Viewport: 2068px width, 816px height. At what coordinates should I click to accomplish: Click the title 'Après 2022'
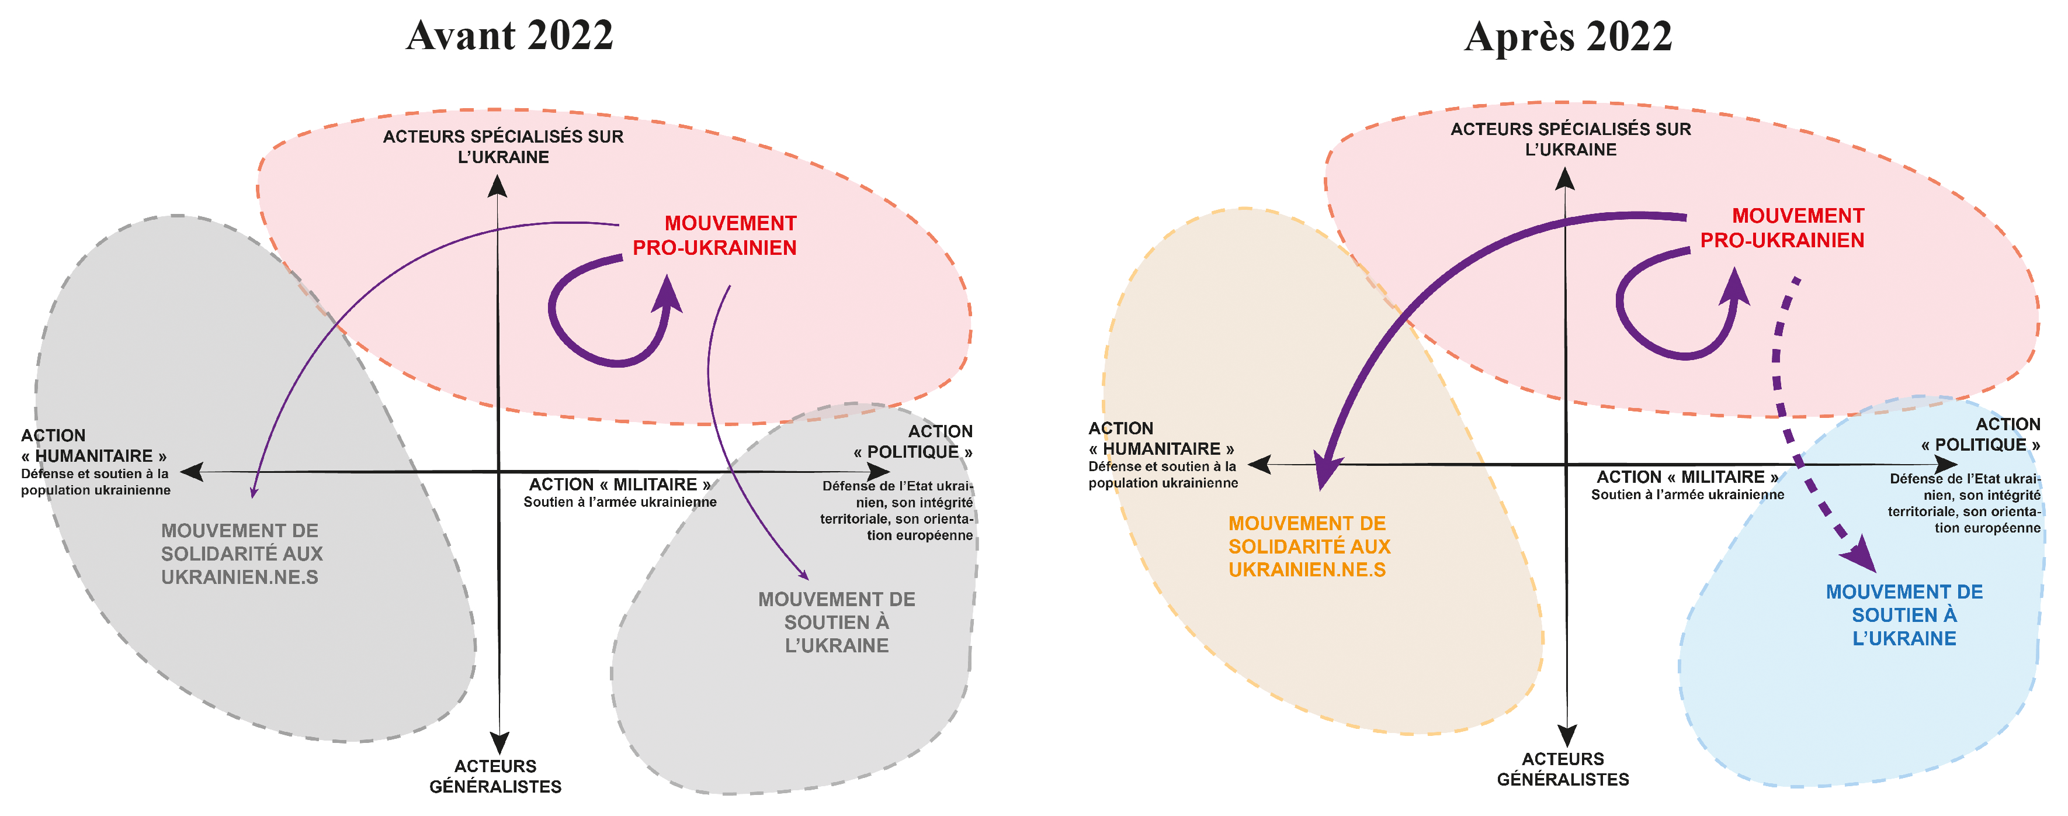pos(1568,37)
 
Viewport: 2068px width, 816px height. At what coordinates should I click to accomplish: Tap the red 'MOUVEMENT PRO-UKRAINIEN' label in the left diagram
pos(714,236)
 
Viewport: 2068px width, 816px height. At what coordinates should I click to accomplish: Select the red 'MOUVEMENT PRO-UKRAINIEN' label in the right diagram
pos(1782,228)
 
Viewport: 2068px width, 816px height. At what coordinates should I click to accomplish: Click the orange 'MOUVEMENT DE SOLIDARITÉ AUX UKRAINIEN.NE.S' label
pos(1309,546)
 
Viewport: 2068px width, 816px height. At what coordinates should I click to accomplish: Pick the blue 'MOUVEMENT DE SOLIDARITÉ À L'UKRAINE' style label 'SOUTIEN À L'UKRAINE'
pos(1904,615)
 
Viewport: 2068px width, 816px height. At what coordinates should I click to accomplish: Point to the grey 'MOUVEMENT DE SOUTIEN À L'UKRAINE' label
pos(837,623)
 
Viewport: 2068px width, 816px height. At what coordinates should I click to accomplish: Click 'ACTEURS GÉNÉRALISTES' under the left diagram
pos(495,776)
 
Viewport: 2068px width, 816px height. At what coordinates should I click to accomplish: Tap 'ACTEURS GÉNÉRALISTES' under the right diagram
pos(1563,769)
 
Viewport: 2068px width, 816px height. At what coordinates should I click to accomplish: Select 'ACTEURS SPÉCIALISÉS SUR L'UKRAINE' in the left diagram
pos(504,146)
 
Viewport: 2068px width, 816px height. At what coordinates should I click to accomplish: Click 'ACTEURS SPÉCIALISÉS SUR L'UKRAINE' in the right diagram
pos(1570,139)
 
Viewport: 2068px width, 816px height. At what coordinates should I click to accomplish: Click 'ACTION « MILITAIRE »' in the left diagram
pos(620,485)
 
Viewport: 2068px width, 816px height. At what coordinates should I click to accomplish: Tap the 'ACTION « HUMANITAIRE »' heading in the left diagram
pos(94,446)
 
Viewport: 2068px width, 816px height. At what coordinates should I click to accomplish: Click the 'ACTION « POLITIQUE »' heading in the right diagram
pos(1980,434)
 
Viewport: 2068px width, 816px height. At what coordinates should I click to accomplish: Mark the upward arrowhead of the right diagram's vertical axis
pos(1564,178)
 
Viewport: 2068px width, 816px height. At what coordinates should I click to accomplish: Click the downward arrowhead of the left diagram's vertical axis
pos(499,742)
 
